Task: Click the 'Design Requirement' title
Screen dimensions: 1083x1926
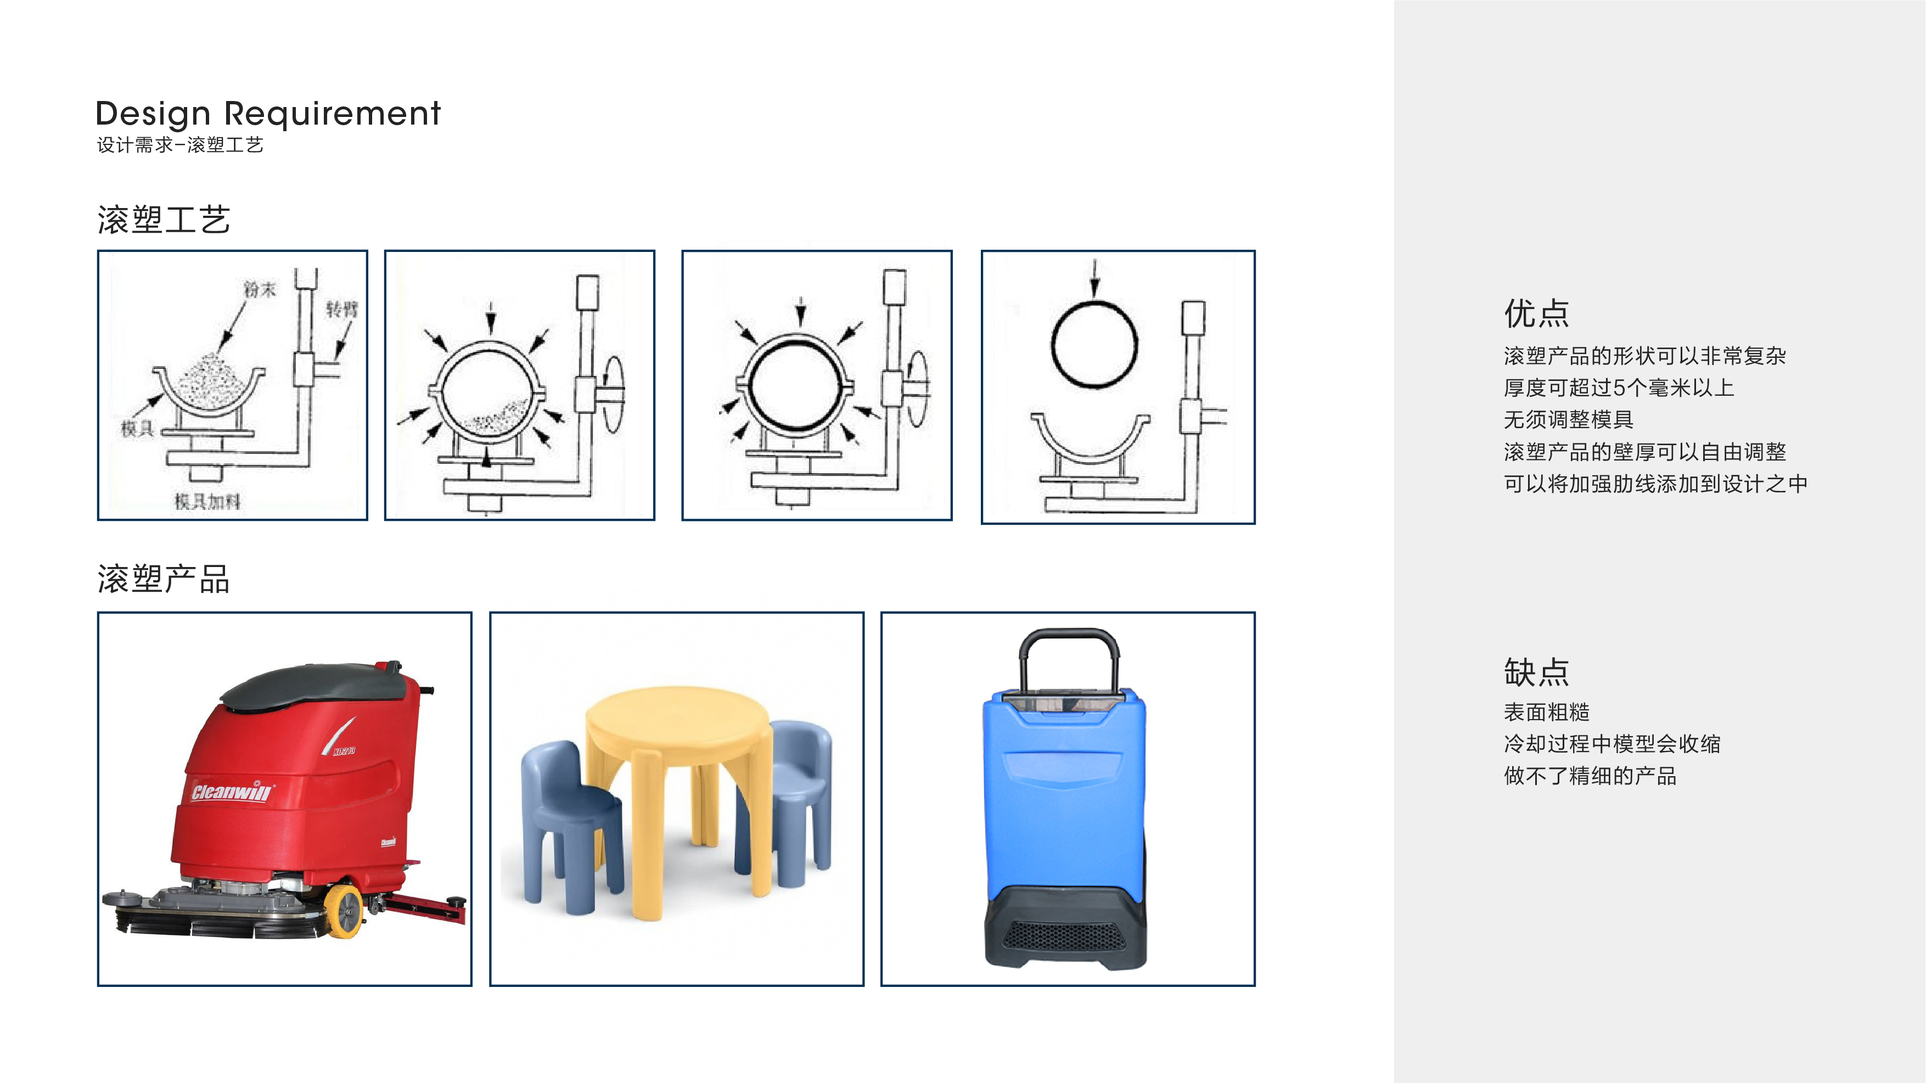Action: (x=268, y=114)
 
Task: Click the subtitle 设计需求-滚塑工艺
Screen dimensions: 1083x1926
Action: (x=180, y=145)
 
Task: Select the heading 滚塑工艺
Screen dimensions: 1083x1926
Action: (x=164, y=220)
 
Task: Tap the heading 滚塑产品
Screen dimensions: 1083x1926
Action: (x=164, y=579)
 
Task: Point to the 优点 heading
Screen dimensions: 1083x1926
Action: (x=1536, y=313)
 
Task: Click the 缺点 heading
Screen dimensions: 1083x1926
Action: (x=1536, y=672)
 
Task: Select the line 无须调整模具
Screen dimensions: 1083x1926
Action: (x=1568, y=419)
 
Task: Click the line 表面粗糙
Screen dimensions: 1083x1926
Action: (x=1546, y=712)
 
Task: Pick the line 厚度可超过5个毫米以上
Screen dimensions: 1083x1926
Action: (x=1619, y=388)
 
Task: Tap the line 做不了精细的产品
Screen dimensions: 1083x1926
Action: (x=1590, y=776)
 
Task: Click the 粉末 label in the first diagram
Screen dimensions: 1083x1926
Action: (x=260, y=289)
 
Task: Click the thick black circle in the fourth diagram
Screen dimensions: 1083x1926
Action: (x=1094, y=344)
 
